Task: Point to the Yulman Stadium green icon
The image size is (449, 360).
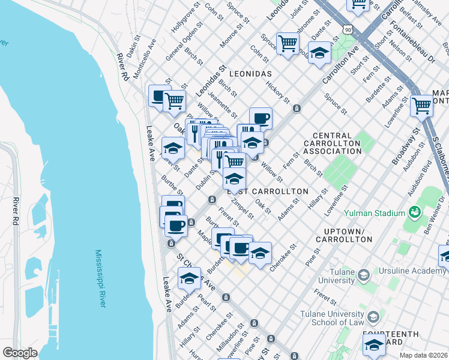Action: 414,212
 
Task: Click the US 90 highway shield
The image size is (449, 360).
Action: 347,28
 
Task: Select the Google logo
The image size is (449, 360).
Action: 20,353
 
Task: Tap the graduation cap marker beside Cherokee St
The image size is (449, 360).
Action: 260,253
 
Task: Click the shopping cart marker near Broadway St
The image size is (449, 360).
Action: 422,106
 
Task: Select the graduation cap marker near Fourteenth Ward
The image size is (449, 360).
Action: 373,345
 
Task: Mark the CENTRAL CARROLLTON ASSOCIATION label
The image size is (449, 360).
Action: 332,143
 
